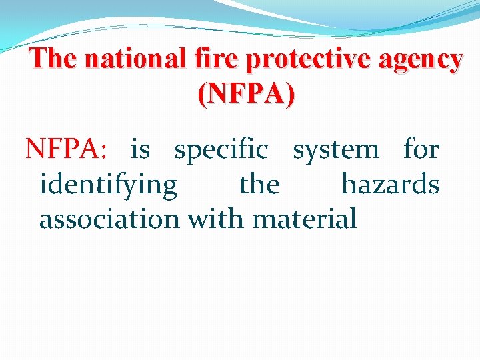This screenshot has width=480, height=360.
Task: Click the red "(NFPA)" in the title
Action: point(245,95)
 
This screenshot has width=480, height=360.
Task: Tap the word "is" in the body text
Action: point(140,149)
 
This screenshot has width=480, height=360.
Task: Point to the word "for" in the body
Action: point(421,149)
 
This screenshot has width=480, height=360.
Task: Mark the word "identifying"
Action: point(108,185)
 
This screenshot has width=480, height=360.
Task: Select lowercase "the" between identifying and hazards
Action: point(259,183)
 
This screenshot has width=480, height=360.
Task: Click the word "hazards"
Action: point(390,183)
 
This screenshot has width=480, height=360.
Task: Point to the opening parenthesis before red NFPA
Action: point(202,95)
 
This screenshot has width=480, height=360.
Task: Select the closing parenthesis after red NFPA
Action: point(289,95)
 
